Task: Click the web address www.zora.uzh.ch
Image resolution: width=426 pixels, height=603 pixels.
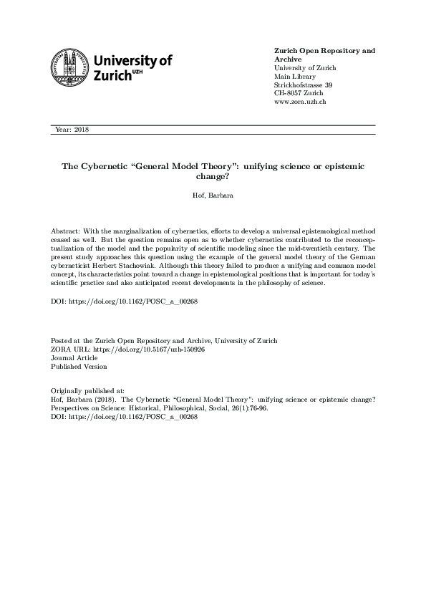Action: [301, 102]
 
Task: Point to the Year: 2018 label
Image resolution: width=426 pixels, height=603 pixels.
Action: [72, 130]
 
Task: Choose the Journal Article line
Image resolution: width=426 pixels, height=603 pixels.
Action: [75, 357]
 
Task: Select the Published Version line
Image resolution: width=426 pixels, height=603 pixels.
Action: [79, 366]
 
